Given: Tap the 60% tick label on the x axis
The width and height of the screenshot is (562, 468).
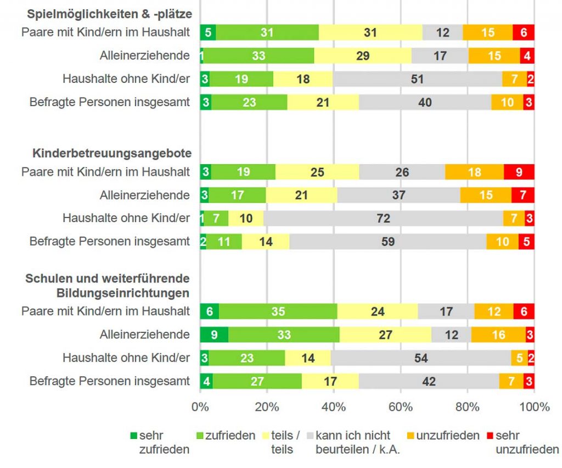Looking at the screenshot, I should [x=401, y=407].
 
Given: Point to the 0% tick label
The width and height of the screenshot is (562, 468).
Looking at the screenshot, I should [x=200, y=407].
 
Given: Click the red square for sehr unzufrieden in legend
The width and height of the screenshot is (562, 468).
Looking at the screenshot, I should [x=490, y=436].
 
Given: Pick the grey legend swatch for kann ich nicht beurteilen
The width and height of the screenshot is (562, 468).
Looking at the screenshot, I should [x=311, y=436].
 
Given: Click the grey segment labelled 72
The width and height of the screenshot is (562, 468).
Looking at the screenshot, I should [x=383, y=218].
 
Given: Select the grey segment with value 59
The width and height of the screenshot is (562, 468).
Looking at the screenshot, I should [x=387, y=241].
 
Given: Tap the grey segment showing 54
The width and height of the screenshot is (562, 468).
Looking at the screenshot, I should [x=421, y=358].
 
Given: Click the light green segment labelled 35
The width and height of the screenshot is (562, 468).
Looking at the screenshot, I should [x=278, y=311].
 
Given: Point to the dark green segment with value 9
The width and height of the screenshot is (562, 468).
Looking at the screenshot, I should [x=214, y=335].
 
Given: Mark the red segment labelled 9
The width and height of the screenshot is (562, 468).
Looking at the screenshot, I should [x=519, y=172].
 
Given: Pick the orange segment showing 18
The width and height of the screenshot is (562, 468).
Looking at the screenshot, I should [x=474, y=172].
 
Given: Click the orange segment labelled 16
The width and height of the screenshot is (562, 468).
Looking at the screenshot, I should [x=498, y=335].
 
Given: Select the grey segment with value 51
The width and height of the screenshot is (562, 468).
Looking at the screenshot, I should [x=417, y=79].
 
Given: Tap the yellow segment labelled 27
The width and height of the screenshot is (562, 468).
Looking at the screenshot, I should [x=385, y=335].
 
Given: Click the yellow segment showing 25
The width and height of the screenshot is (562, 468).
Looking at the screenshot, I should [x=317, y=172].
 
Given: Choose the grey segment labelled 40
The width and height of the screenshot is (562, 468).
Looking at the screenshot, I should [x=425, y=102].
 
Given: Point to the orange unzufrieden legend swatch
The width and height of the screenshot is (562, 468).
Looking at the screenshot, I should [x=411, y=436].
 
